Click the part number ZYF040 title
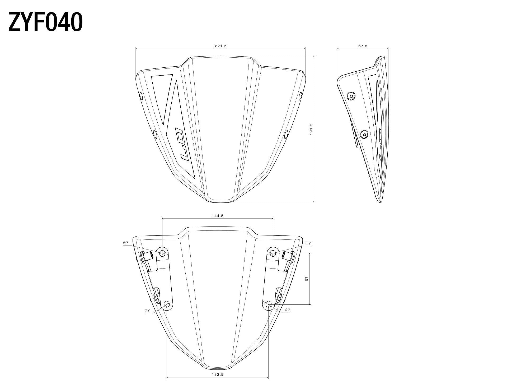coord(45,22)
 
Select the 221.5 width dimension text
coord(220,46)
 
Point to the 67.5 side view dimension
coord(363,46)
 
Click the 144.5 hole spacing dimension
coord(217,216)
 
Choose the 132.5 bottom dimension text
coord(218,374)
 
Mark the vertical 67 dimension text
coord(307,279)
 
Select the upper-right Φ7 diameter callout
coord(308,243)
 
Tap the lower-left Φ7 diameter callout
coord(147,310)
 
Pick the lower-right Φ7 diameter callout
coord(287,310)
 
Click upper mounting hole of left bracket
coord(162,253)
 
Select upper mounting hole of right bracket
coord(273,253)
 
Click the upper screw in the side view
coord(351,96)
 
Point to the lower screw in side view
coord(365,135)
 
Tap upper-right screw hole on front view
coord(301,96)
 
